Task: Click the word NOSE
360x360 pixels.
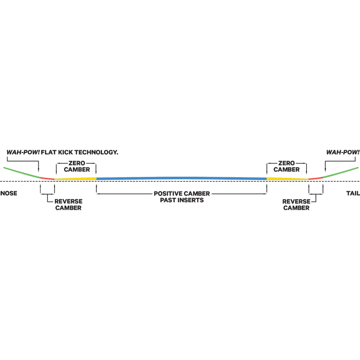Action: click(x=9, y=193)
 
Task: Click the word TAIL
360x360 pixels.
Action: click(x=353, y=193)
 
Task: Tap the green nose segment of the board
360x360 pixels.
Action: click(x=22, y=173)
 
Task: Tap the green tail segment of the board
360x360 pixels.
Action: click(x=341, y=172)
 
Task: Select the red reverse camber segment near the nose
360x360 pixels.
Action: click(x=48, y=178)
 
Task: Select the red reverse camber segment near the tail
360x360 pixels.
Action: click(x=316, y=178)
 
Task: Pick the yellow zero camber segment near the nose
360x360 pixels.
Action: click(x=75, y=179)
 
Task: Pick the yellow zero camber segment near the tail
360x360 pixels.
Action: click(x=288, y=179)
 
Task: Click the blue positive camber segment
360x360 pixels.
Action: click(x=181, y=178)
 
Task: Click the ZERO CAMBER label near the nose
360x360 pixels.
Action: click(x=77, y=166)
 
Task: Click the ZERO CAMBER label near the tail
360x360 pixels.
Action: click(x=287, y=166)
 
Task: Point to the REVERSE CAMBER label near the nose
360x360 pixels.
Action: click(x=68, y=205)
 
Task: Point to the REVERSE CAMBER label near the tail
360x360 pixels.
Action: click(x=296, y=205)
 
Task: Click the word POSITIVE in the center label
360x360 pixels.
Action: click(x=167, y=193)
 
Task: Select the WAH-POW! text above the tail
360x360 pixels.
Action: click(x=343, y=152)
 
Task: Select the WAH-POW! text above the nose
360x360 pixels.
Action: click(x=23, y=152)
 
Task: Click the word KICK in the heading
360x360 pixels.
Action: click(x=65, y=152)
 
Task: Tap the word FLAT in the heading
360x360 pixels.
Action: click(x=49, y=152)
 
